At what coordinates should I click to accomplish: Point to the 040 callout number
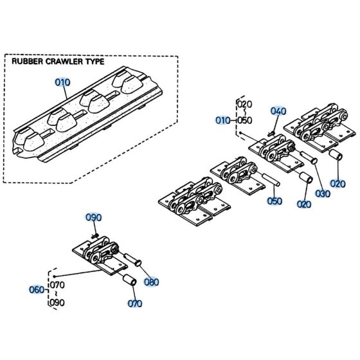[277, 111]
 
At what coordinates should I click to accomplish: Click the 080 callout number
[151, 282]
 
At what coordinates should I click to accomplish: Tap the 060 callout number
[39, 289]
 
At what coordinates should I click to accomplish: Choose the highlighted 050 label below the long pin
[274, 201]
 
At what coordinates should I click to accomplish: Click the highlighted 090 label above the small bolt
[94, 218]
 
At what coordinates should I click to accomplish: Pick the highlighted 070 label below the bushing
[134, 303]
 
